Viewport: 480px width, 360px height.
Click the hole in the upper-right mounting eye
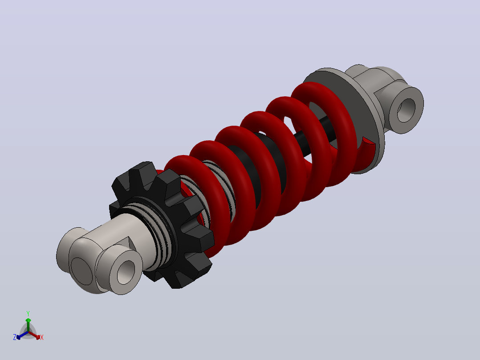[x=406, y=110]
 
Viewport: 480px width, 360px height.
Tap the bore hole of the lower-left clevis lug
[x=126, y=272]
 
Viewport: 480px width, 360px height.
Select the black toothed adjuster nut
[x=162, y=225]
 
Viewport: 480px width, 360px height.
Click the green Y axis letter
[x=28, y=314]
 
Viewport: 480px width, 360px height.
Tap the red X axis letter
[x=42, y=337]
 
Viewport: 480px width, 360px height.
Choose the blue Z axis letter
[x=15, y=337]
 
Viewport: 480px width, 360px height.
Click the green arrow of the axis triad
[x=28, y=324]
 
